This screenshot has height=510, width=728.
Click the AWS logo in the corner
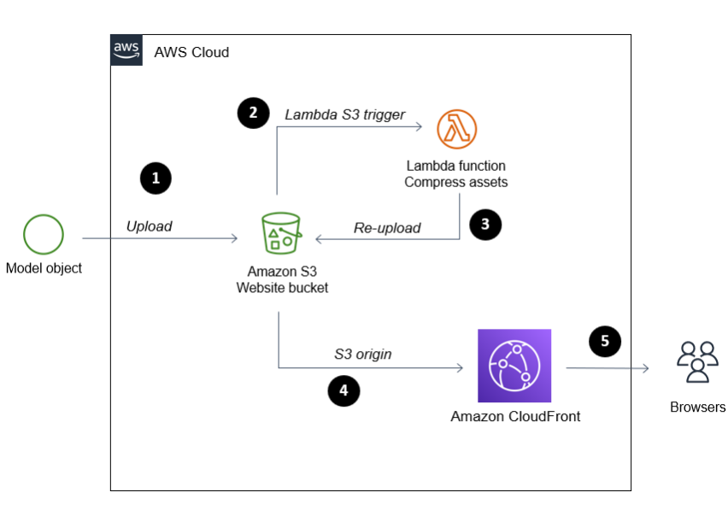click(x=126, y=50)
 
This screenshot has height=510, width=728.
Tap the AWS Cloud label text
click(x=191, y=52)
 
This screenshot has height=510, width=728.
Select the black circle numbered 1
click(x=156, y=179)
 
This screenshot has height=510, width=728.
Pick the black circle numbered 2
click(x=253, y=113)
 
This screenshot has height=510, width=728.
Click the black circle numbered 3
click(x=485, y=225)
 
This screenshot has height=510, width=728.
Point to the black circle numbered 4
click(x=343, y=390)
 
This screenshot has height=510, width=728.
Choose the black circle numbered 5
click(x=604, y=342)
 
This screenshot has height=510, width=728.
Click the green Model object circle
click(x=44, y=234)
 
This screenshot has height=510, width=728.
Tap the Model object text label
click(x=44, y=268)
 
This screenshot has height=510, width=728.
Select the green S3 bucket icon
click(x=281, y=233)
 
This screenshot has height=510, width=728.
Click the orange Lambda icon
click(x=457, y=129)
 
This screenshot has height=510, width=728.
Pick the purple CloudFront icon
click(x=514, y=366)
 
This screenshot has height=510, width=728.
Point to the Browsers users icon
click(x=697, y=362)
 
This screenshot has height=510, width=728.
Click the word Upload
click(x=149, y=226)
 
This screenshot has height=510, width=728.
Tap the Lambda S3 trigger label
click(x=345, y=114)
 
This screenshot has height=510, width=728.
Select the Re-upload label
click(x=387, y=228)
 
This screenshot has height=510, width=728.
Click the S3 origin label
click(x=363, y=354)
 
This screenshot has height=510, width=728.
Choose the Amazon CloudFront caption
click(x=515, y=416)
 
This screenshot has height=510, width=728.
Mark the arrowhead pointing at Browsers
click(x=645, y=368)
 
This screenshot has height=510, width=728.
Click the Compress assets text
click(x=456, y=182)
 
